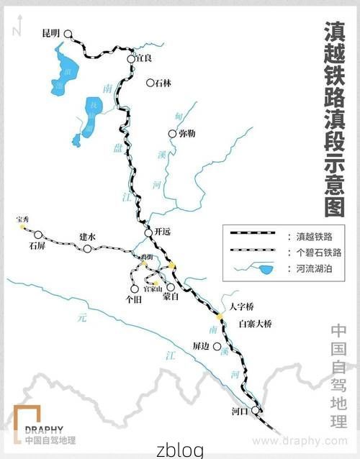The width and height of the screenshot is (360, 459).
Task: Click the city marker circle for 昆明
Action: point(68,34)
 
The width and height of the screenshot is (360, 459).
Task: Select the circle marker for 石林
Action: point(150,83)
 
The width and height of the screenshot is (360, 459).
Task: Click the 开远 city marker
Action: point(149,232)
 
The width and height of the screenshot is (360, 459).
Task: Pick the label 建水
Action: point(87,237)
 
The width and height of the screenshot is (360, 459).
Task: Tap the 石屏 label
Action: point(37,245)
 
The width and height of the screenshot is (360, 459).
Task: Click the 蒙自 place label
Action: point(171,296)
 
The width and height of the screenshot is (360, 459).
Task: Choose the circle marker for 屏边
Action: point(217,346)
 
